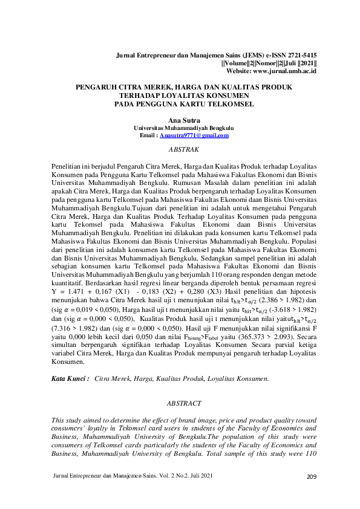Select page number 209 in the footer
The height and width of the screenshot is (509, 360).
pos(312,494)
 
